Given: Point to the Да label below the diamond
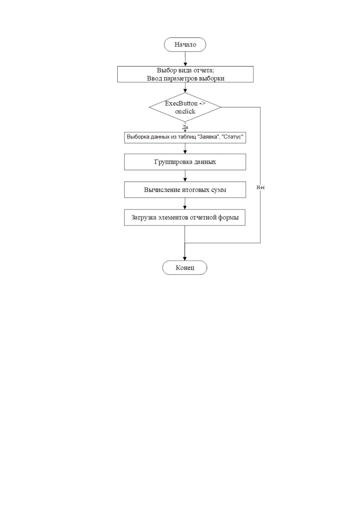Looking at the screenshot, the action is point(185,127).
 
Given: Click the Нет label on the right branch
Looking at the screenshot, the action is point(261,187).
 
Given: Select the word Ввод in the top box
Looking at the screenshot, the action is point(154,78).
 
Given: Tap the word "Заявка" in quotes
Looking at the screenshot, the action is point(208,137).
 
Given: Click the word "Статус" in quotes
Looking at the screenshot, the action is point(232,137).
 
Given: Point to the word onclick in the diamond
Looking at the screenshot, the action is point(185,112).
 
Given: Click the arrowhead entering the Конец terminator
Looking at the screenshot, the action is point(185,259).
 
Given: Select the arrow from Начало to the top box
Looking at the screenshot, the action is point(185,59).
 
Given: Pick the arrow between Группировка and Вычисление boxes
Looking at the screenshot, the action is point(185,176).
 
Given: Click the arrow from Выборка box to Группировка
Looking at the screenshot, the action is point(185,148).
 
